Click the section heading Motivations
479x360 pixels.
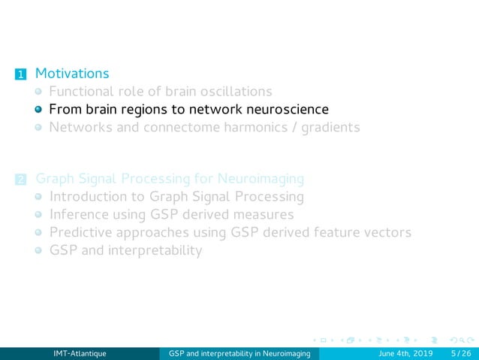point(72,74)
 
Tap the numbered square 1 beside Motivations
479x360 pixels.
point(20,74)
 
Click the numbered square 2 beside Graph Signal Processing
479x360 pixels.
point(20,180)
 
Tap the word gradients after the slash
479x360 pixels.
point(330,127)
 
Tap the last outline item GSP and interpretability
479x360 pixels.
point(125,250)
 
